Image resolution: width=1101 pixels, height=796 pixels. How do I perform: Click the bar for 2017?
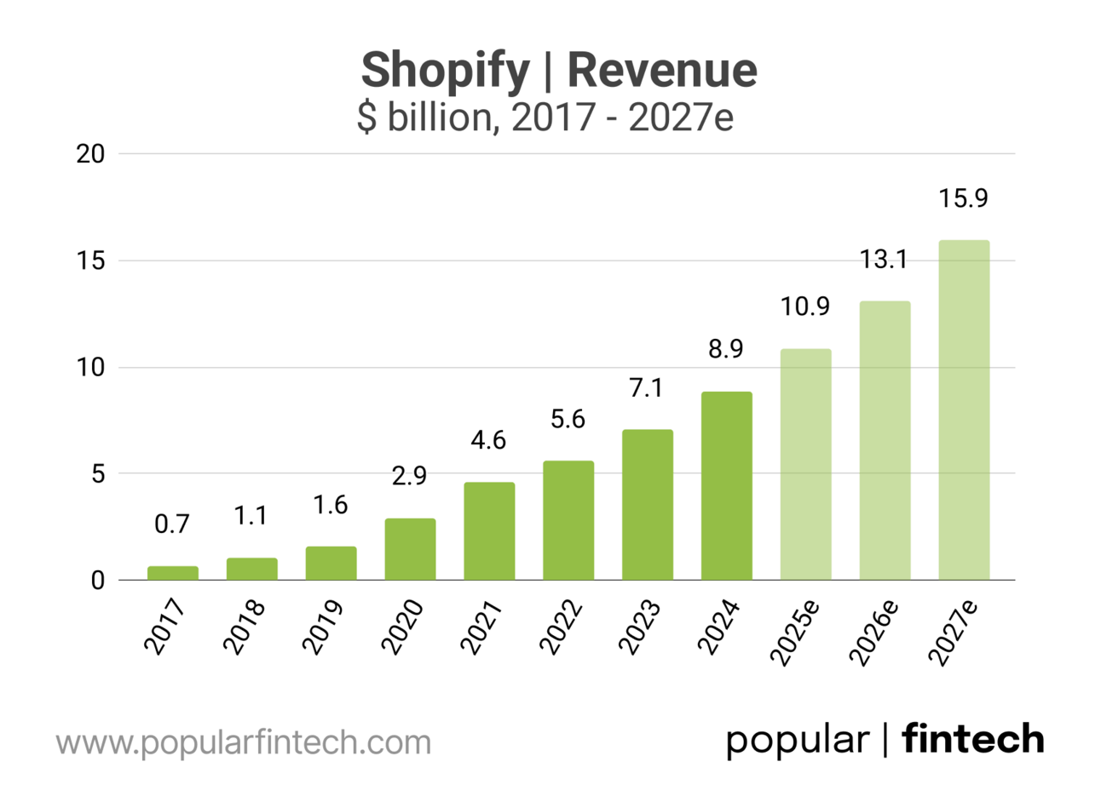click(x=172, y=573)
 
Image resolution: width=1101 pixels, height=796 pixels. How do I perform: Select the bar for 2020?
click(x=410, y=549)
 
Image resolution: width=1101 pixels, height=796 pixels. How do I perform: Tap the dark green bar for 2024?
click(x=727, y=486)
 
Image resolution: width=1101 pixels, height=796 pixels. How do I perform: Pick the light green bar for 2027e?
click(x=964, y=410)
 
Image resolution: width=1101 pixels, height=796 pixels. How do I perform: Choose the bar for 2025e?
click(x=805, y=464)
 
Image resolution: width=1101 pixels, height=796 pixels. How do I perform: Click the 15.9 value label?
click(x=963, y=198)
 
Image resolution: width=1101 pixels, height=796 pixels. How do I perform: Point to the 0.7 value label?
click(x=172, y=524)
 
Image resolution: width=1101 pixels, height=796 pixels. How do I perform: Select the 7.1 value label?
click(x=646, y=388)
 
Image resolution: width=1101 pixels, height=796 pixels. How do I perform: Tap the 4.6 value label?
click(x=488, y=440)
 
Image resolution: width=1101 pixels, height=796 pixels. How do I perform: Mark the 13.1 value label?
click(x=884, y=260)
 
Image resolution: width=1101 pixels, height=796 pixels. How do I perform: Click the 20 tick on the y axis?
click(x=90, y=154)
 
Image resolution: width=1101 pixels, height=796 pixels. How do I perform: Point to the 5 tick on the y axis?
click(x=98, y=474)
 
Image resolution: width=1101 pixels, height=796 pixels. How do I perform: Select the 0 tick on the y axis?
click(x=98, y=581)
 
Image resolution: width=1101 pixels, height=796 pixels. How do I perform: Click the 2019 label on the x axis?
click(x=324, y=627)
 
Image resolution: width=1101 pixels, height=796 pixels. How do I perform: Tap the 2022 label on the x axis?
click(x=561, y=627)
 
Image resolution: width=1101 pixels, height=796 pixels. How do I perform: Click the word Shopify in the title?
click(x=445, y=70)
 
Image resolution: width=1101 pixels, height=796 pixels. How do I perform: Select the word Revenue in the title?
click(x=662, y=70)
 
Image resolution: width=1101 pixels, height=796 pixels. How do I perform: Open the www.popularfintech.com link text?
click(x=244, y=742)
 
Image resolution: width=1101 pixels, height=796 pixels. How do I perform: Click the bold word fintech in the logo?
click(x=973, y=738)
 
